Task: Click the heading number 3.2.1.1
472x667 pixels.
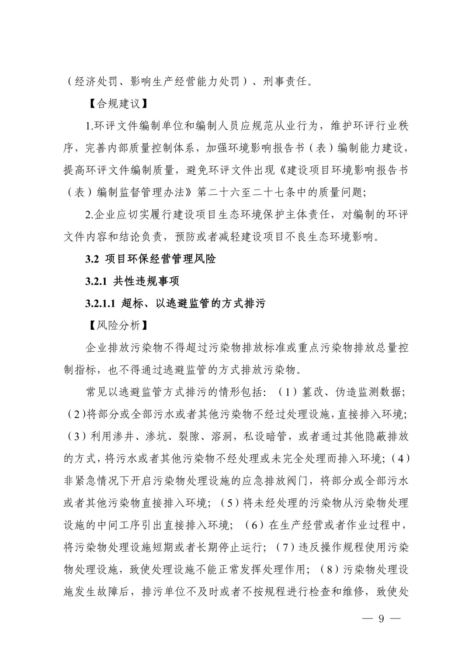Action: [100, 304]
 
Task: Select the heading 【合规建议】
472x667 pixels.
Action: [116, 104]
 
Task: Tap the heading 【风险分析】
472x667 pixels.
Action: [116, 326]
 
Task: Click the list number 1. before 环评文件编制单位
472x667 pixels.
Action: [90, 126]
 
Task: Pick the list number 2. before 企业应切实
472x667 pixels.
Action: [90, 215]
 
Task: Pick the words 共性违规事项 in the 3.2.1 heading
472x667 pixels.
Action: [146, 281]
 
